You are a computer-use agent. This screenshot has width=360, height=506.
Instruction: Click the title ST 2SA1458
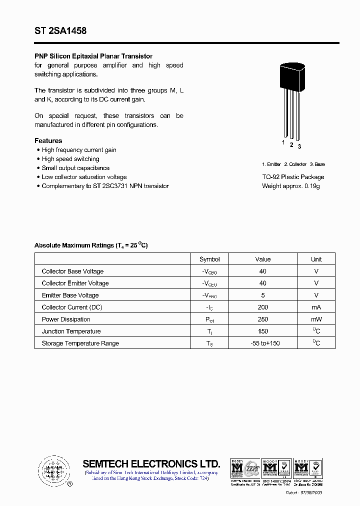[60, 31]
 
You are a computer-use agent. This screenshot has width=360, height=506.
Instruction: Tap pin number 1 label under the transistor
[283, 142]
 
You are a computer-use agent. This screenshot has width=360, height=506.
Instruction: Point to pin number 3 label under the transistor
[299, 146]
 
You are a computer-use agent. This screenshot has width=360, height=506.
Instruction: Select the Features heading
[48, 141]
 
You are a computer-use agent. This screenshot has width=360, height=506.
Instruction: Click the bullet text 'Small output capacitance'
[75, 168]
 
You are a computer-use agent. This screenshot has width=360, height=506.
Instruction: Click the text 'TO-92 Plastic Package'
[293, 177]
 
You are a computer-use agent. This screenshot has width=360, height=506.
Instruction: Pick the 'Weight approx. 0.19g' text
[290, 186]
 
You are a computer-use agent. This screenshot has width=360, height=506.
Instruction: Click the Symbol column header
[209, 259]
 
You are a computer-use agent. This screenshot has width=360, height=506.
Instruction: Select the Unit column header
[316, 259]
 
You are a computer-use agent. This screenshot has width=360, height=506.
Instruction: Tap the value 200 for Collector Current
[263, 307]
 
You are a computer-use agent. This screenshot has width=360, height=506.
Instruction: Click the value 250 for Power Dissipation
[263, 319]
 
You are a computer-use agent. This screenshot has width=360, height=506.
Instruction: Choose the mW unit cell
[316, 319]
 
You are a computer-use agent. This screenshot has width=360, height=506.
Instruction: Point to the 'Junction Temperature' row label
[71, 331]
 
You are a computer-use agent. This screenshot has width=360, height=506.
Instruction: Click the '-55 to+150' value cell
[263, 343]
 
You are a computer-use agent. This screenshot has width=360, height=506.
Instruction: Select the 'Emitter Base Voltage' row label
[70, 295]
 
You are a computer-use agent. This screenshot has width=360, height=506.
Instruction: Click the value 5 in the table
[263, 295]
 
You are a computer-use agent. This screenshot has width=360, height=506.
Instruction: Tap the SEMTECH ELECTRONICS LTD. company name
[151, 463]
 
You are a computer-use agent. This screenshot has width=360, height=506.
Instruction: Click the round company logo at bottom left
[53, 470]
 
